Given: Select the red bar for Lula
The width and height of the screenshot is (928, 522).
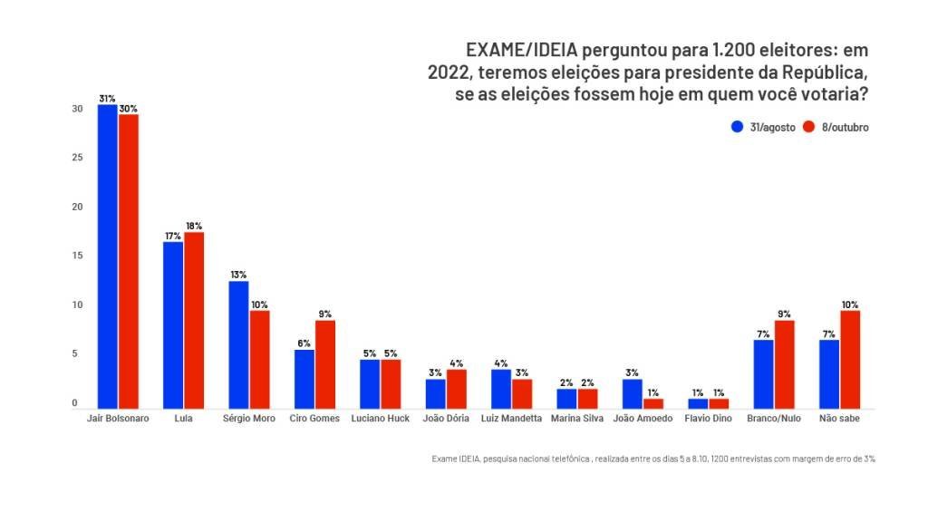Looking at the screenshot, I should [x=194, y=321].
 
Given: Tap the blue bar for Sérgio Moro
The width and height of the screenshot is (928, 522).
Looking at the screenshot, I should [x=238, y=345].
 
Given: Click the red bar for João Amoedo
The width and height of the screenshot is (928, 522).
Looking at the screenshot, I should [x=653, y=404].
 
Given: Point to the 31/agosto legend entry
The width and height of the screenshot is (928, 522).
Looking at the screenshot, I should [x=763, y=128].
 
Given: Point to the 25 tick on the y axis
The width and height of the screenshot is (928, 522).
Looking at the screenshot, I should [x=78, y=158].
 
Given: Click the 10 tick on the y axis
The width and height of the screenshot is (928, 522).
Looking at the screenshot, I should [x=78, y=305].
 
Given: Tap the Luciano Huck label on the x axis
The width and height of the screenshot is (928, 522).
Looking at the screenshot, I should [x=380, y=419].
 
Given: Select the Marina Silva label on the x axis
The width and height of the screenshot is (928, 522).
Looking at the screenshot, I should [x=576, y=419].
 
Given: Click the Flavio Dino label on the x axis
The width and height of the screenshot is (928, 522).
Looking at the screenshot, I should [x=709, y=419].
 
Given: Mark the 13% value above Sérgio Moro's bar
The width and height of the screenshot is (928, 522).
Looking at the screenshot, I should [x=238, y=275].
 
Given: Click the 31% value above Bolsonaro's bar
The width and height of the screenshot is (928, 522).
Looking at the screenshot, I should [x=108, y=98].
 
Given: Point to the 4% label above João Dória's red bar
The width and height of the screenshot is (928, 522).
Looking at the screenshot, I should [x=456, y=363].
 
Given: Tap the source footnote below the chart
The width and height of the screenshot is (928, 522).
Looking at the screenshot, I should [x=653, y=459].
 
